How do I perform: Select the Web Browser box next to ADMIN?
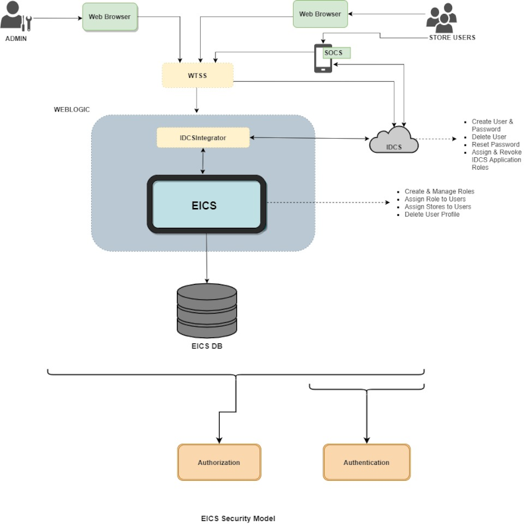[x=110, y=17]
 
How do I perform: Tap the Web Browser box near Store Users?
[x=320, y=14]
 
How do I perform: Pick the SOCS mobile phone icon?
[x=323, y=58]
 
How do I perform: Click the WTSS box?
[x=197, y=75]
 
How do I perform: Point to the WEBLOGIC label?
[x=71, y=109]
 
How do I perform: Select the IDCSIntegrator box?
[x=203, y=137]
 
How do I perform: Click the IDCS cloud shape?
[x=393, y=140]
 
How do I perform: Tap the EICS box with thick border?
[x=207, y=205]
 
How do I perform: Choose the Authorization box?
[x=219, y=462]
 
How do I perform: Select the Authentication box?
[x=366, y=462]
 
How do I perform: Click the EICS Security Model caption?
[x=238, y=518]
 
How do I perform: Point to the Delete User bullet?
[x=489, y=137]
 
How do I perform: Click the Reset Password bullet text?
[x=495, y=145]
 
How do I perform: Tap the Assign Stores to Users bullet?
[x=438, y=207]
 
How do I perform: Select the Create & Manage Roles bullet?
[x=439, y=192]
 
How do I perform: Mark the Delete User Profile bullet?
[x=432, y=215]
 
